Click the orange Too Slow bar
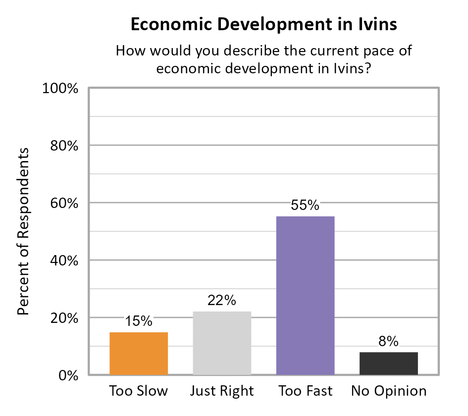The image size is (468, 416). (x=138, y=354)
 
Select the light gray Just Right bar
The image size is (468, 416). (x=222, y=343)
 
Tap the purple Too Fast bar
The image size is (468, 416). (x=305, y=296)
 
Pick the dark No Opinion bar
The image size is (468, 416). (x=389, y=364)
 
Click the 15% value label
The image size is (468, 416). (x=138, y=321)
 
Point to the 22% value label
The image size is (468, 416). (x=222, y=301)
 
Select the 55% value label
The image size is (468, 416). (x=305, y=206)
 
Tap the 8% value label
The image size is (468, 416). (x=389, y=341)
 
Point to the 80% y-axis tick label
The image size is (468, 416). (x=64, y=146)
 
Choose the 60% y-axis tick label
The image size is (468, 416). (x=64, y=204)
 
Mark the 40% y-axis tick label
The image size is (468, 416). (x=64, y=261)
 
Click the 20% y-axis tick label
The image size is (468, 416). (x=64, y=318)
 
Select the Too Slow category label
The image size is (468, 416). (x=138, y=391)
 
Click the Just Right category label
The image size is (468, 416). (x=222, y=391)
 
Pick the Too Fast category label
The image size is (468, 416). (x=305, y=391)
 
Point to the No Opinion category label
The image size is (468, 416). (x=389, y=391)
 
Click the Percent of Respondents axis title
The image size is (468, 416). (x=23, y=231)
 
